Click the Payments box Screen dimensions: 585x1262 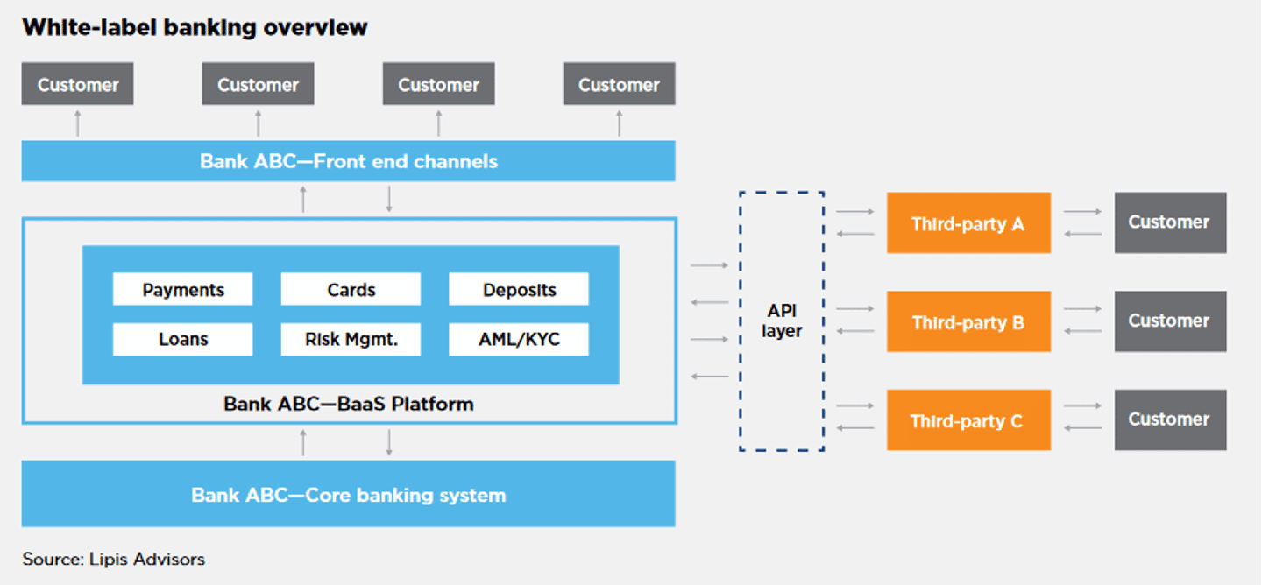pos(182,290)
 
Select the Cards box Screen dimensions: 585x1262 pos(351,290)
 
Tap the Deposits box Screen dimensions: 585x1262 pos(519,290)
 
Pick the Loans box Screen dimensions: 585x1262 pos(182,340)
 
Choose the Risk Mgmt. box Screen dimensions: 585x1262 pos(351,340)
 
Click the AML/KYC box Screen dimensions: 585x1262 pos(519,340)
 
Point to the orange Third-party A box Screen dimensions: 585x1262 pos(968,223)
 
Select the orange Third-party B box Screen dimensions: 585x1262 pos(968,322)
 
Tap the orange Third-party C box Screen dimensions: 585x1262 pos(968,421)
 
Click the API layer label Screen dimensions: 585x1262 pos(781,321)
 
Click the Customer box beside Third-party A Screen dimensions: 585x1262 pos(1170,222)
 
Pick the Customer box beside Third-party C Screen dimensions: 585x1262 pos(1170,420)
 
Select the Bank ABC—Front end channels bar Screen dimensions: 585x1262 pos(348,161)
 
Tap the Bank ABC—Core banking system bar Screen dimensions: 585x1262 pos(348,495)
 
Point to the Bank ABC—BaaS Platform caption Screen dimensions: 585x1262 pos(348,405)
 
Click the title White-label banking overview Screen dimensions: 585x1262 pos(195,28)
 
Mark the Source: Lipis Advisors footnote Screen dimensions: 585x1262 pos(114,559)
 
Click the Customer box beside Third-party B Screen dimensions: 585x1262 pos(1170,321)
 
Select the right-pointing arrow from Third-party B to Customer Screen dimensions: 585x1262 pos(1082,309)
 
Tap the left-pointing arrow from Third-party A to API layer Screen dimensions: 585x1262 pos(855,234)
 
